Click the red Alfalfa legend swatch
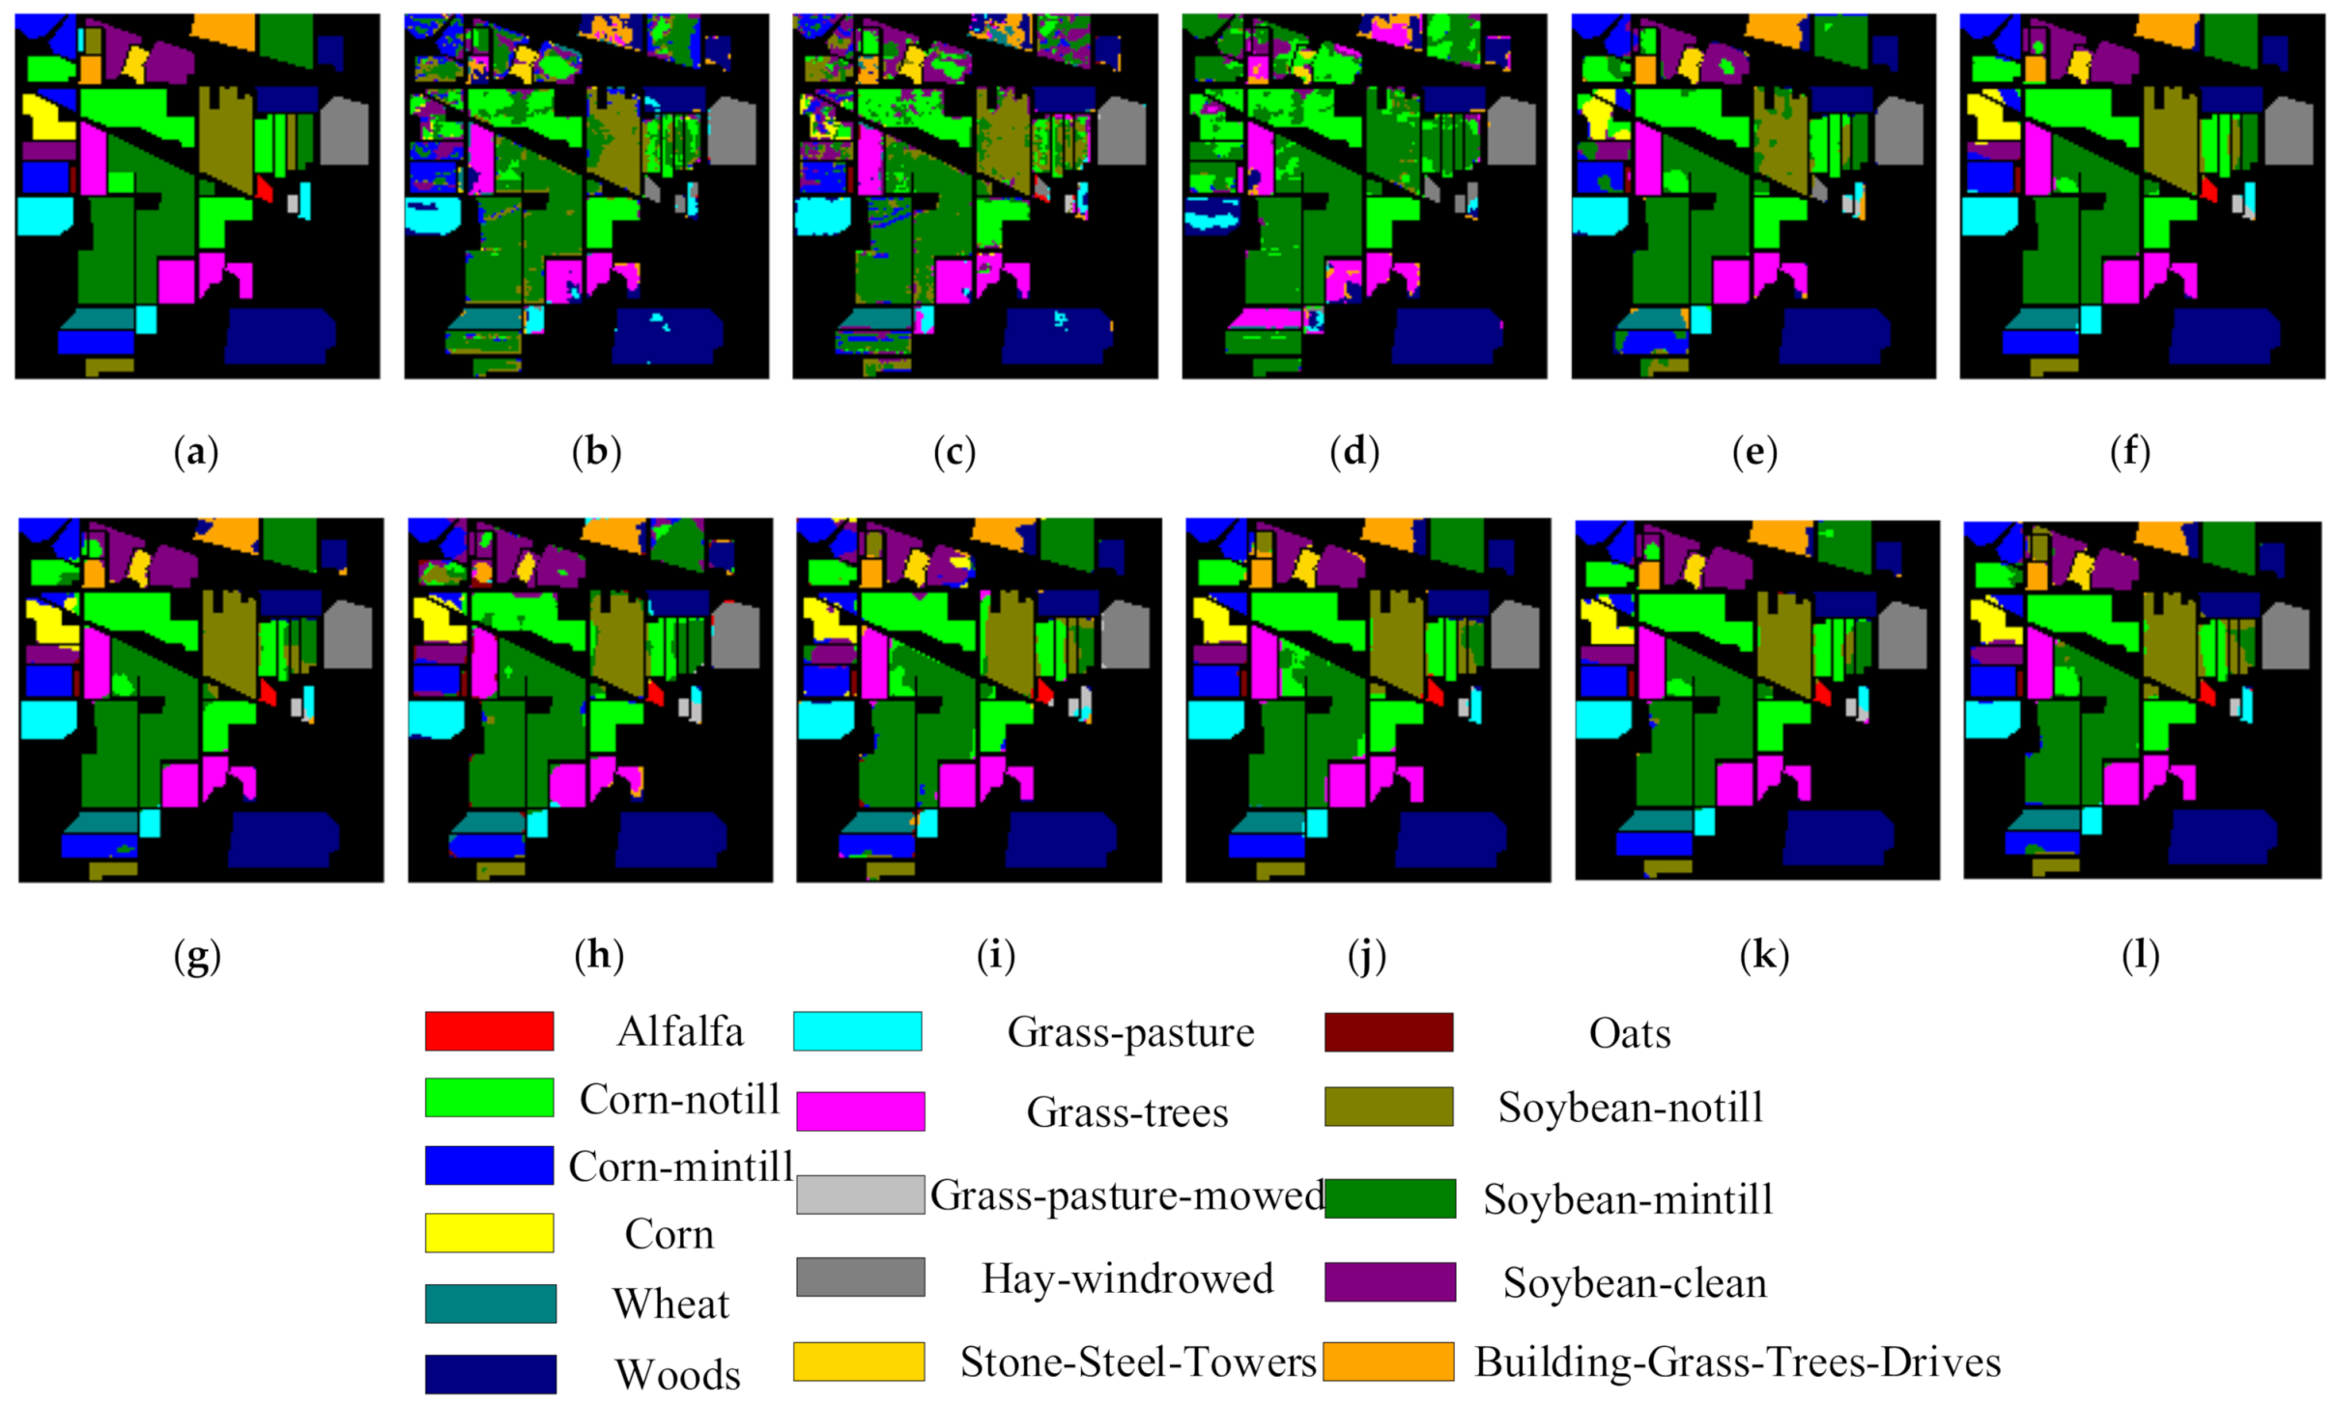coord(489,1030)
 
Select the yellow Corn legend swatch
coord(489,1232)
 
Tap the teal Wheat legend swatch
coord(490,1303)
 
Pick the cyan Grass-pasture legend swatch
coord(857,1030)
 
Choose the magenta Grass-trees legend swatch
coord(860,1110)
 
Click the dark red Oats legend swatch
coord(1388,1031)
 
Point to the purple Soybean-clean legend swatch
coord(1389,1281)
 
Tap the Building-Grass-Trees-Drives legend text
coord(1737,1362)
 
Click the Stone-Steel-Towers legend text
coord(1138,1362)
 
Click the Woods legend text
coord(677,1374)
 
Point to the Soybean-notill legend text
coord(1630,1107)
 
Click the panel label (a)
coord(196,452)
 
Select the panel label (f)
coord(2130,452)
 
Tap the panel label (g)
coord(197,956)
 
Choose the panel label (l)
coord(2140,955)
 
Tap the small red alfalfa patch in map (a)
coord(265,188)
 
